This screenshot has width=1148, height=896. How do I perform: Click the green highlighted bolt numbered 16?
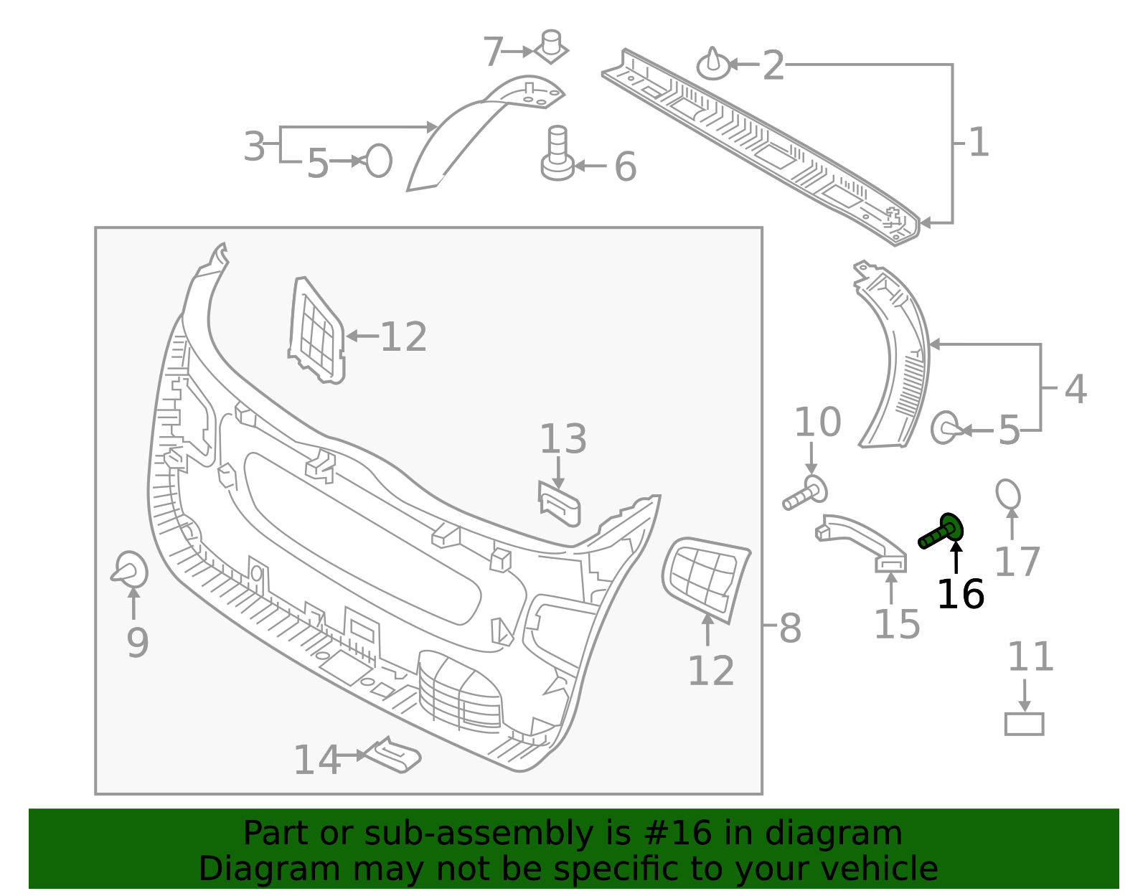(x=941, y=532)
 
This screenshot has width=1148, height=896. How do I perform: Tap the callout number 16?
(x=961, y=595)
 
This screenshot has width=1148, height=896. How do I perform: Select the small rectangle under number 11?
(x=1024, y=724)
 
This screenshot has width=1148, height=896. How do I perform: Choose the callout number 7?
(x=494, y=52)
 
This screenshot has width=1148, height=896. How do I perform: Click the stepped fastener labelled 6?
(x=558, y=153)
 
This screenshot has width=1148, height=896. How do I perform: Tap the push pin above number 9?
(x=129, y=569)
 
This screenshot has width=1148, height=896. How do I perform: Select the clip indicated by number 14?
(x=392, y=755)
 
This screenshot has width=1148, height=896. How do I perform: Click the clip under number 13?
(x=560, y=505)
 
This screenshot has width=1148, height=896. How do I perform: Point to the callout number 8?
(x=791, y=629)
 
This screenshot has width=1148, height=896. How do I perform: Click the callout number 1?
(x=979, y=142)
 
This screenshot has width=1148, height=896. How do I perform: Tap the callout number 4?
(x=1076, y=389)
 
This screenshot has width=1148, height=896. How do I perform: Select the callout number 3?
(x=254, y=146)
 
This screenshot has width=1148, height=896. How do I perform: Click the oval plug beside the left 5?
(x=378, y=161)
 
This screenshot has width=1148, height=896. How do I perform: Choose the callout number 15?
(x=898, y=624)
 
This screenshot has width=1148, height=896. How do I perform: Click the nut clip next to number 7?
(x=551, y=47)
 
